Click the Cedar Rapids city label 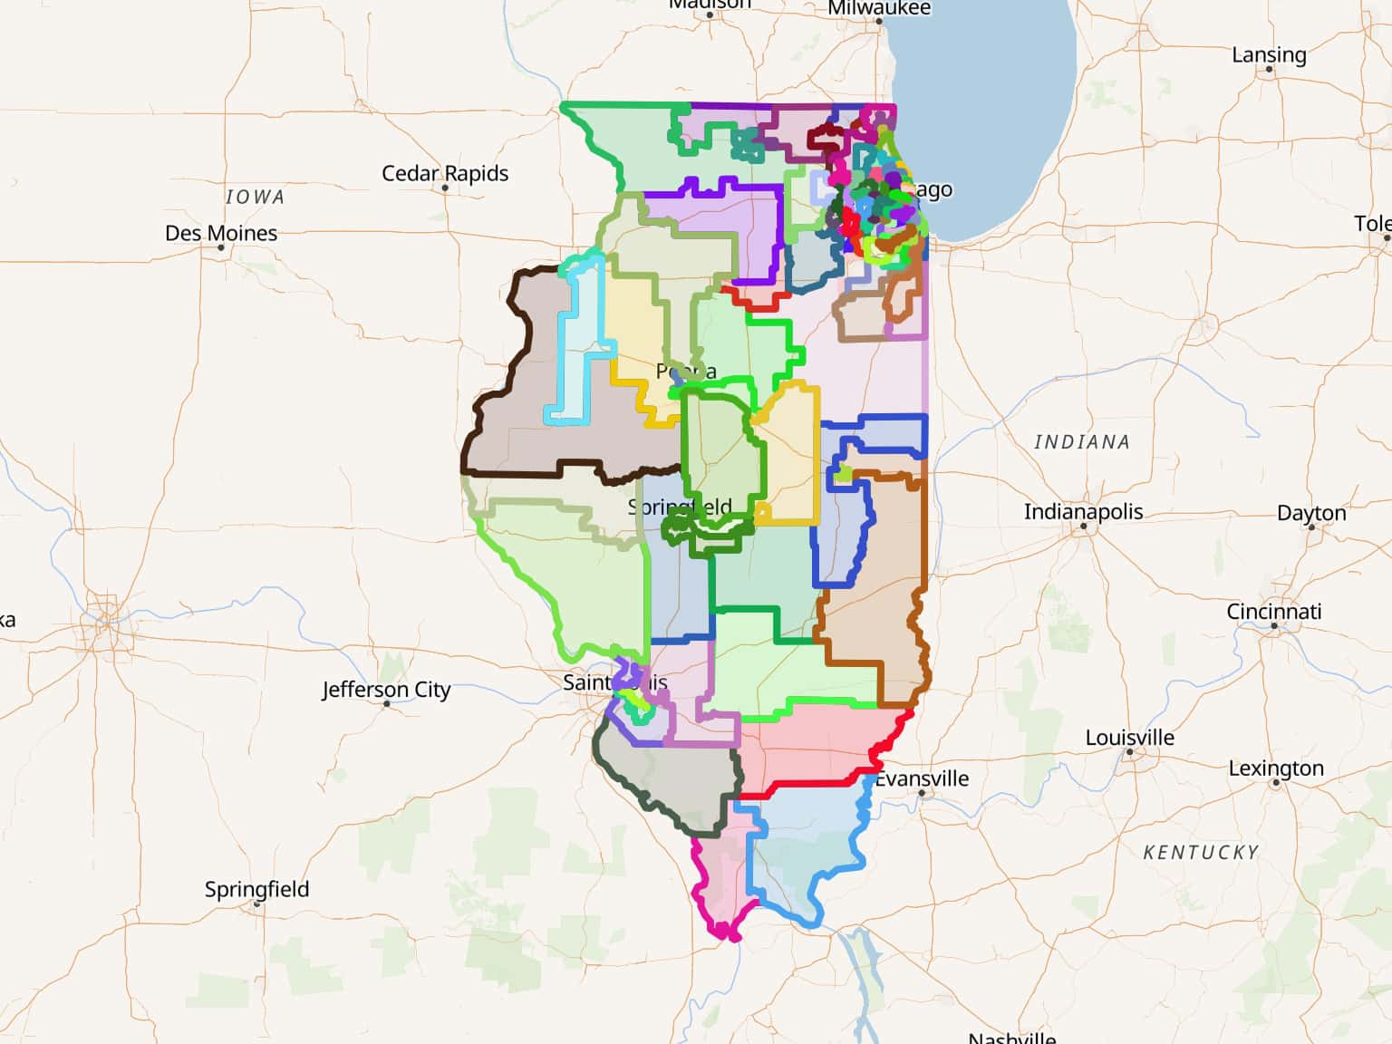coord(444,173)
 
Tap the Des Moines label coord(221,233)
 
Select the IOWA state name coord(255,197)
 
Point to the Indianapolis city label coord(1083,511)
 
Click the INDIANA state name coord(1082,442)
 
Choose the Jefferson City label coord(386,690)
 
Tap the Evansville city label coord(923,778)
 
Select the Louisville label coord(1129,738)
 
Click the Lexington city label coord(1275,768)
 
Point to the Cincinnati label coord(1273,612)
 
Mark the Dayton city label coord(1310,513)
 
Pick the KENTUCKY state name coord(1201,853)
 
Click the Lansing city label coord(1269,54)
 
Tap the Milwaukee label coord(878,8)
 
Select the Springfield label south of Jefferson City coord(256,889)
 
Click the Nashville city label coord(1011,1037)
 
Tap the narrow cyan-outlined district coord(580,344)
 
